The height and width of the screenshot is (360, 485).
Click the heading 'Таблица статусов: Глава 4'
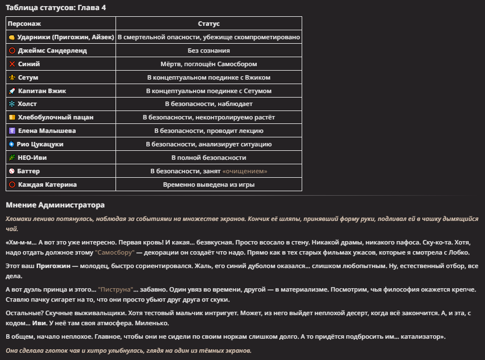coord(48,7)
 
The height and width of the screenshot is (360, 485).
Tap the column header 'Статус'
coord(209,24)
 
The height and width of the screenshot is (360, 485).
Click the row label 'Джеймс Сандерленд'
coord(52,50)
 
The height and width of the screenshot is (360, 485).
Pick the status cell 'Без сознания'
coord(209,50)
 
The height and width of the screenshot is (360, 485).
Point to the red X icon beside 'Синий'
coord(12,64)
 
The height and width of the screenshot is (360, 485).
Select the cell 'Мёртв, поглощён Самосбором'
coord(209,64)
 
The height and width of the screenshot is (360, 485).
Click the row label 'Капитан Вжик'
coord(41,91)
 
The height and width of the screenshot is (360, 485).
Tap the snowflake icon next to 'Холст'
coord(12,104)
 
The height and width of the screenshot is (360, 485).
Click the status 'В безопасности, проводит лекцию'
coord(209,131)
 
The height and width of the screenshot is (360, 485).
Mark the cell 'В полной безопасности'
coord(209,158)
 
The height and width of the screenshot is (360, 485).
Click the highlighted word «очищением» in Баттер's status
coord(244,171)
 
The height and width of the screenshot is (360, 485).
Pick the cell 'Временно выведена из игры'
coord(209,184)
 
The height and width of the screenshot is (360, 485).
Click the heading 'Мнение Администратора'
coord(55,205)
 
